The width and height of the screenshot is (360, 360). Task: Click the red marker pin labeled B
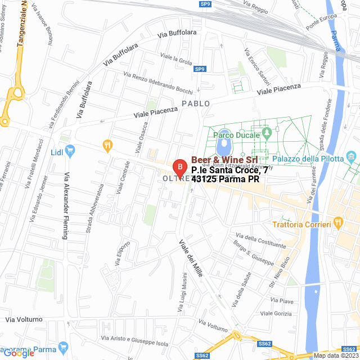tap(179, 168)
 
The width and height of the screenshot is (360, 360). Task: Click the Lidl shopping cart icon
tap(70, 150)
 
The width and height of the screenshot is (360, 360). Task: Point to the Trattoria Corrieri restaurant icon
tap(337, 223)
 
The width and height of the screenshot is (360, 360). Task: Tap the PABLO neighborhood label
tap(196, 103)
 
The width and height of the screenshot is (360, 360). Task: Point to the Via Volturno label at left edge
tap(24, 319)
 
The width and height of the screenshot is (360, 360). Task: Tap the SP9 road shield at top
tap(205, 5)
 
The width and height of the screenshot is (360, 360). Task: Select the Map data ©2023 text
tap(335, 355)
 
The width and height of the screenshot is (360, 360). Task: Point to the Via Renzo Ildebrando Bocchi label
tap(158, 83)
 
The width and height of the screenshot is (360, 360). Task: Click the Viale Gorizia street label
tap(276, 314)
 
